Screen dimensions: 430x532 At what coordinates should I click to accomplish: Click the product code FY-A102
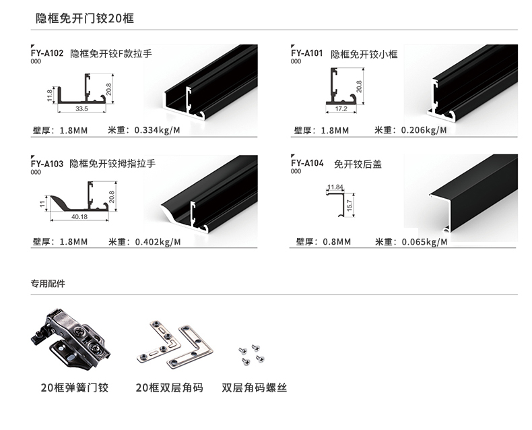tap(47, 53)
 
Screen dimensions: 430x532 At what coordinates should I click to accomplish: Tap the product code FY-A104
tap(307, 163)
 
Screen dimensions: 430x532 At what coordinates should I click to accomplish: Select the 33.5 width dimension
tap(81, 108)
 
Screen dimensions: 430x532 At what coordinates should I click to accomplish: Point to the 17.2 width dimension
tap(341, 108)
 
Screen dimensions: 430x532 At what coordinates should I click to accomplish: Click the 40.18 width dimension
tap(79, 217)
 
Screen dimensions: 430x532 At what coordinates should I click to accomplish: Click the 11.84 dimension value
tap(335, 187)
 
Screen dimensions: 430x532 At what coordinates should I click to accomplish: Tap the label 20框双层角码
tap(169, 388)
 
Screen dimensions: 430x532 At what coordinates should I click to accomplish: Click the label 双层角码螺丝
tap(254, 388)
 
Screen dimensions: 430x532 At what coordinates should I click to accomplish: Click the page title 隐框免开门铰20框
tap(85, 18)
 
